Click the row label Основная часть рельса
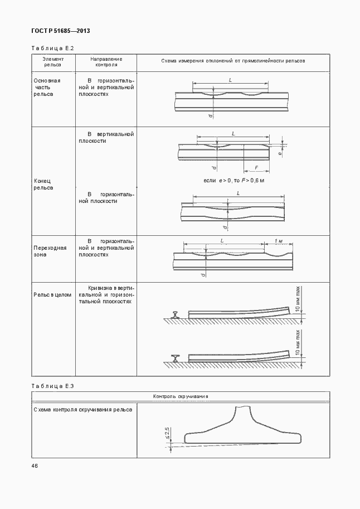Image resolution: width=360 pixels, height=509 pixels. coord(47,88)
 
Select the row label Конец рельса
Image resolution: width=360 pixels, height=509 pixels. coord(43,185)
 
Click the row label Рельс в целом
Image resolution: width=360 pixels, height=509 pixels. coord(53,295)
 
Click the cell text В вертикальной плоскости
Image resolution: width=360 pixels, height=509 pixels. coord(106,138)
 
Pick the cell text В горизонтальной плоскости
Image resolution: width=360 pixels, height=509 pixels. coord(106,197)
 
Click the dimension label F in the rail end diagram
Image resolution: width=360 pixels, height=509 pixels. coord(256,167)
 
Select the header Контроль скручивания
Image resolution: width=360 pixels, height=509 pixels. coord(181,396)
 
